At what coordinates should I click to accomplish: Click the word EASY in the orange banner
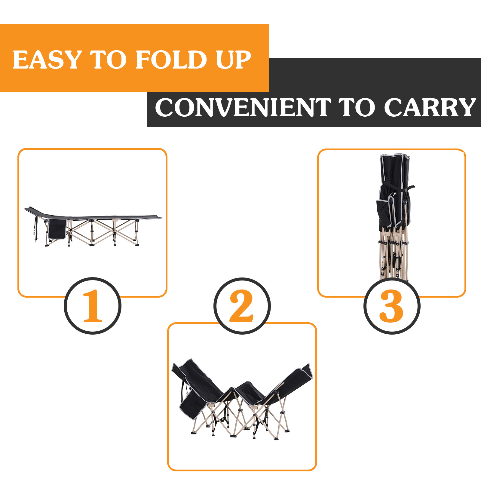[47, 60]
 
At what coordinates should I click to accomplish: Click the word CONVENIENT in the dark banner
[243, 107]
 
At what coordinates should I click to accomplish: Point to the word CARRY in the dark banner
[430, 107]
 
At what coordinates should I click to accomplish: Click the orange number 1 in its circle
[93, 306]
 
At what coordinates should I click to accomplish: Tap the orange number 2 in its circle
[241, 306]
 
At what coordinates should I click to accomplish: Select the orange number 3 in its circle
[391, 306]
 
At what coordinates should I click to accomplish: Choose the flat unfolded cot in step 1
[93, 226]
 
